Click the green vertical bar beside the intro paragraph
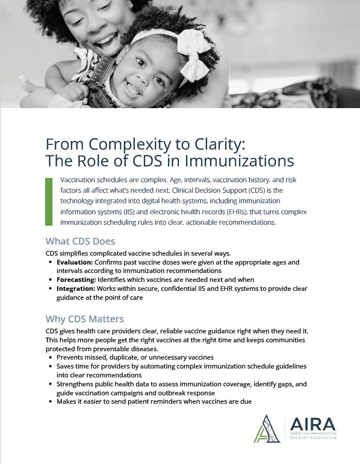(49, 202)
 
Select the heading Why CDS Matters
(85, 319)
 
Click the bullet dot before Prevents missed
(50, 357)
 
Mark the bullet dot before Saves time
(50, 366)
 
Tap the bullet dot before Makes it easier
(50, 402)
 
